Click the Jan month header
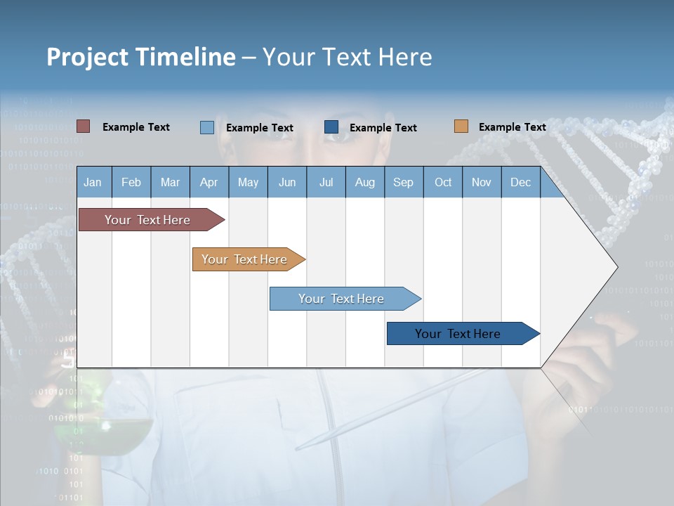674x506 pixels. (93, 182)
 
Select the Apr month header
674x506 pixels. (209, 182)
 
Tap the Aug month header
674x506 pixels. (364, 182)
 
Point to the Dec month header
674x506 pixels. (520, 182)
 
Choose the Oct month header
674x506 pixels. (443, 182)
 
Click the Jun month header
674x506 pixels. (286, 182)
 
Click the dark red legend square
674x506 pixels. (83, 126)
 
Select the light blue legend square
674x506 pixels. (206, 127)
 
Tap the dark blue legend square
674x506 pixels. (331, 126)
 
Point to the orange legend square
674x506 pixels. (461, 126)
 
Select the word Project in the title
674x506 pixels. (87, 57)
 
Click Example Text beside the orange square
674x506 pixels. (512, 126)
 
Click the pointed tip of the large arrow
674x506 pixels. (616, 266)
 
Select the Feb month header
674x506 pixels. (131, 182)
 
